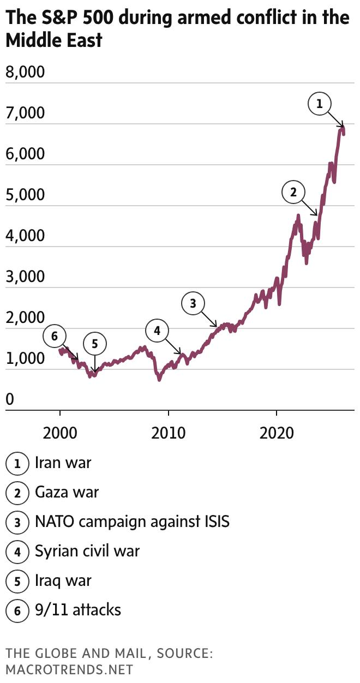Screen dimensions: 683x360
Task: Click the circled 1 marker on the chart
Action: coord(320,103)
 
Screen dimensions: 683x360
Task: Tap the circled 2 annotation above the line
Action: coord(293,192)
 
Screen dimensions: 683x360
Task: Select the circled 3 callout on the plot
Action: coord(193,304)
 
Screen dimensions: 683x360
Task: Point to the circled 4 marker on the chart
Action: coord(157,331)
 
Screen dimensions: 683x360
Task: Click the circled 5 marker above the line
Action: coord(94,344)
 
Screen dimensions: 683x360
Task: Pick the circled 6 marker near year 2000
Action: coord(54,337)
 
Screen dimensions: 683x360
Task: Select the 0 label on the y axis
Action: coord(9,400)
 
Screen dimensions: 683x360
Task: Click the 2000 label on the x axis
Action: coord(59,434)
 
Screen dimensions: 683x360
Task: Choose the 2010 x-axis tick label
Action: coord(169,434)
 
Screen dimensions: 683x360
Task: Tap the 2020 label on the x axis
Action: coord(277,434)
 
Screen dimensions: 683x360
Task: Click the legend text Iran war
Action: coord(63,463)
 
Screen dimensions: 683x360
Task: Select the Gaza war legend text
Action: coord(67,493)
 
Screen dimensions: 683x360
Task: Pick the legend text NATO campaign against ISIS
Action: coord(132,522)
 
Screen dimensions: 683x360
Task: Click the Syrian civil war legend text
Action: coord(87,551)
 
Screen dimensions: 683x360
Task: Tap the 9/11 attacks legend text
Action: coord(78,609)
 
